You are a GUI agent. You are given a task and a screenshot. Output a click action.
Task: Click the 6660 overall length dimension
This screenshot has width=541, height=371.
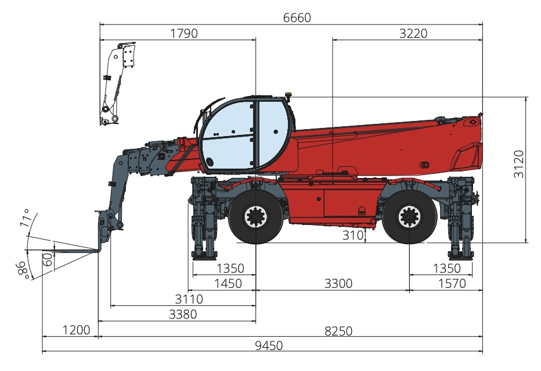(297, 17)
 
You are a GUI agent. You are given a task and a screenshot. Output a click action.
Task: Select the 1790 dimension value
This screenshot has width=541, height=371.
(184, 34)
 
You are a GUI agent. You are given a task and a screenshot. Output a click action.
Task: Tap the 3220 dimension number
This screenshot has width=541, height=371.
(413, 34)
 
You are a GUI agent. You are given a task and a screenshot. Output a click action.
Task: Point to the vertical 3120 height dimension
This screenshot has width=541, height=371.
(518, 164)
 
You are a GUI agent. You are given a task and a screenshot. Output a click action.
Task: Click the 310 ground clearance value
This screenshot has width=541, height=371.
(353, 235)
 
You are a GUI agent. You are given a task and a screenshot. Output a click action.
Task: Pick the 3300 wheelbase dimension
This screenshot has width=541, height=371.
(338, 284)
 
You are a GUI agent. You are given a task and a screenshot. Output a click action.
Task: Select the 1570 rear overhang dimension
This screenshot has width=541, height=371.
(452, 284)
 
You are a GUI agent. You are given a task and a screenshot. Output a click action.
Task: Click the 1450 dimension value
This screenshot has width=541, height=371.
(228, 284)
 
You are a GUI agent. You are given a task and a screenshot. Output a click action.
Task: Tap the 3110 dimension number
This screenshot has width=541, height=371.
(189, 299)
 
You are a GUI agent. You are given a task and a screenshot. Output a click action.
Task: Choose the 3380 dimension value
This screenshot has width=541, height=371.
(183, 314)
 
